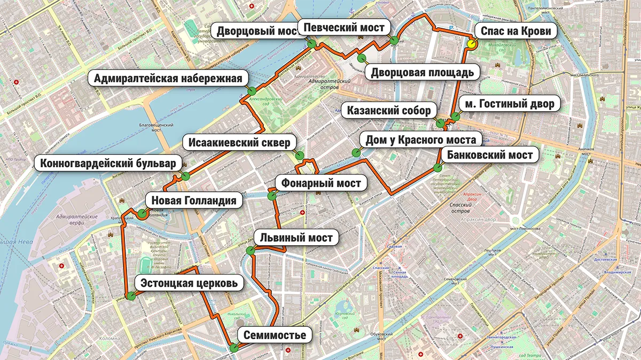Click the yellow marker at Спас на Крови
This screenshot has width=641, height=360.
(471, 44)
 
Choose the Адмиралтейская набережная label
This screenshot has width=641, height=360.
(168, 79)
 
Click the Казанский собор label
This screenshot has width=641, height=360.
(388, 111)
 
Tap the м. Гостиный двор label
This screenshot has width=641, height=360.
(510, 104)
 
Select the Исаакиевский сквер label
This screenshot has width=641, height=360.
(239, 143)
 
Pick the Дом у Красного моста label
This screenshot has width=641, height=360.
(420, 140)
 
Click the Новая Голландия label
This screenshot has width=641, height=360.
(193, 201)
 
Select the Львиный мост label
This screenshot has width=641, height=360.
(296, 238)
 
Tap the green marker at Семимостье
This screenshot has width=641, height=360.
(233, 348)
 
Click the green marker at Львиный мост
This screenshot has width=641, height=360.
(249, 250)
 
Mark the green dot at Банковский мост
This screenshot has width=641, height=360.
(438, 167)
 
